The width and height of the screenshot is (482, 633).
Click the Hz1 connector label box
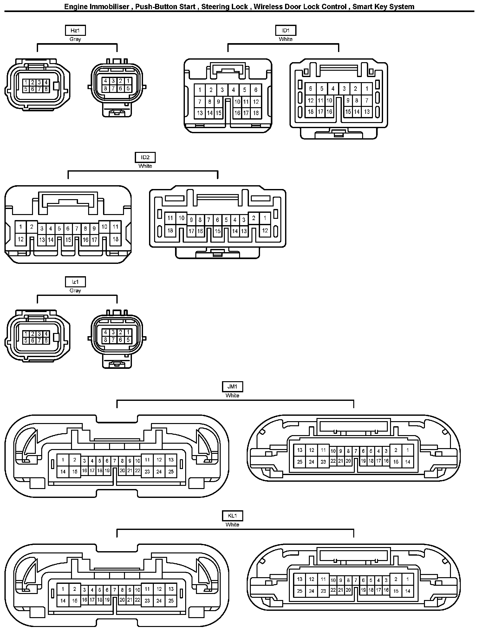tap(75, 30)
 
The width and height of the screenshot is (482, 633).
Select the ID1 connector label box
tap(285, 30)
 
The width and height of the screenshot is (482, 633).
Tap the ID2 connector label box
tap(145, 157)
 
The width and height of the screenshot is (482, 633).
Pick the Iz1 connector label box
tap(75, 282)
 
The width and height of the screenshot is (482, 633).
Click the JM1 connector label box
tap(232, 387)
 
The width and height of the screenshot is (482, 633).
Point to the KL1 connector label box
tap(232, 516)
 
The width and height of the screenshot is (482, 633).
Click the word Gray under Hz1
tap(75, 39)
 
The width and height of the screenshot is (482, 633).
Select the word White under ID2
tap(145, 166)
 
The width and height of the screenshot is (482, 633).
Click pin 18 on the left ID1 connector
tap(256, 113)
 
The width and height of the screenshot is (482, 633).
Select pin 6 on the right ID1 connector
tap(310, 89)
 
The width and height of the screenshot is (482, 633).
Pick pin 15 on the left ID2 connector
tap(68, 240)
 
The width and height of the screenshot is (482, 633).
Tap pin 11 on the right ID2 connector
tap(170, 218)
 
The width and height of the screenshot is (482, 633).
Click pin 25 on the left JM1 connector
tap(171, 472)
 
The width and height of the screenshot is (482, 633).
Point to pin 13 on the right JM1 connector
tap(300, 450)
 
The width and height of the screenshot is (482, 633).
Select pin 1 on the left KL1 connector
tap(63, 589)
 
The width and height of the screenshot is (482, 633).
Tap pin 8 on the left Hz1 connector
tap(46, 89)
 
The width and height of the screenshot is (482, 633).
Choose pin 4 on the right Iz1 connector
tap(106, 332)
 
